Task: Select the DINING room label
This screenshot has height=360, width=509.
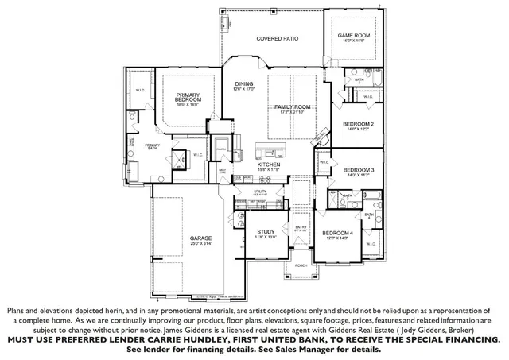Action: click(243, 83)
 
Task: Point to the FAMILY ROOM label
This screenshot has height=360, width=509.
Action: click(292, 106)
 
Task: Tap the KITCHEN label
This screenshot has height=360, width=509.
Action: click(269, 164)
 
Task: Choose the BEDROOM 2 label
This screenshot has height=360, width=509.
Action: click(358, 124)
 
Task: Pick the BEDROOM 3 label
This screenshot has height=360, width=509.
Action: click(358, 169)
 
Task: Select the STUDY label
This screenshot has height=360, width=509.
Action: click(266, 231)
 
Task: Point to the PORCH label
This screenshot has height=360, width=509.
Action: click(301, 265)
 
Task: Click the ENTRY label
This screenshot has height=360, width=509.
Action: click(301, 226)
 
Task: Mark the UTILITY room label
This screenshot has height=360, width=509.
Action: click(259, 192)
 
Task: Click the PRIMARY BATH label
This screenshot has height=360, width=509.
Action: click(152, 146)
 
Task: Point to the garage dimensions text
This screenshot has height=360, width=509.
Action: click(200, 244)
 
